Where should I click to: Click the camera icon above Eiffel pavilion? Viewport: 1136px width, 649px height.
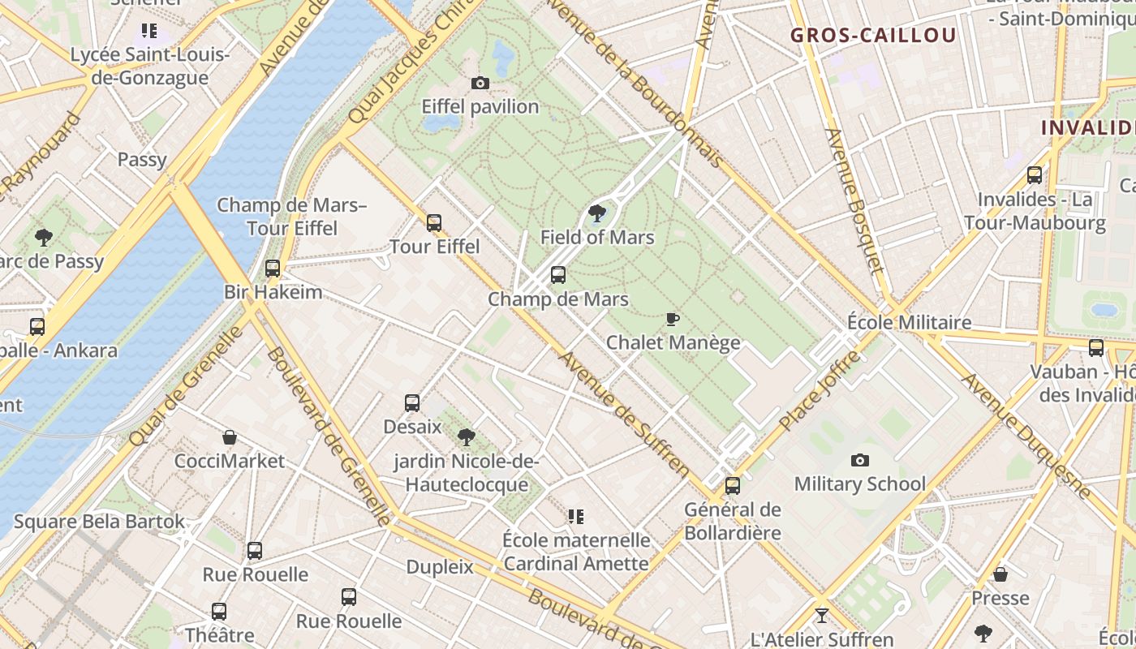(x=480, y=83)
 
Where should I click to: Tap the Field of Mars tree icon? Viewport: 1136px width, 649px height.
(x=597, y=214)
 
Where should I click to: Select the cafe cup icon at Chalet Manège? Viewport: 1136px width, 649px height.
(x=672, y=319)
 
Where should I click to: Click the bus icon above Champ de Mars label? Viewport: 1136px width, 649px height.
(x=558, y=275)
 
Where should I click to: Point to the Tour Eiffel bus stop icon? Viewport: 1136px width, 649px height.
(x=434, y=222)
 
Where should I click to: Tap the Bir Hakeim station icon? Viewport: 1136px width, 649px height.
(x=273, y=268)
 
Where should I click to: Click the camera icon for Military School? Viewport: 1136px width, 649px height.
(x=860, y=461)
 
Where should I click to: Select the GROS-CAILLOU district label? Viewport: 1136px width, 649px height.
(x=873, y=35)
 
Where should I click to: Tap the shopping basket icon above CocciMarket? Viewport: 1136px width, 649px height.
(x=230, y=437)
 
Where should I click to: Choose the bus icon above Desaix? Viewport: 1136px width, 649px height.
(x=412, y=402)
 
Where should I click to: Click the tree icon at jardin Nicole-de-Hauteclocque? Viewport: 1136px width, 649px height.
(x=467, y=437)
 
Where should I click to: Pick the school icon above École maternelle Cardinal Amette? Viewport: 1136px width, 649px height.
(x=576, y=516)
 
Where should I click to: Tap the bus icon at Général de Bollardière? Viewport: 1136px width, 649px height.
(x=733, y=486)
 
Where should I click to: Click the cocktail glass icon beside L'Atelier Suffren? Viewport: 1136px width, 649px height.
(x=821, y=616)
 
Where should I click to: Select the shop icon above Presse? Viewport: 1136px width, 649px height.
(x=1000, y=574)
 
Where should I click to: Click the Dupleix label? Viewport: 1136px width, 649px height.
(x=439, y=567)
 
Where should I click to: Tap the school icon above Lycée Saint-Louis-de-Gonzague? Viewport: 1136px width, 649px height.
(x=148, y=31)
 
